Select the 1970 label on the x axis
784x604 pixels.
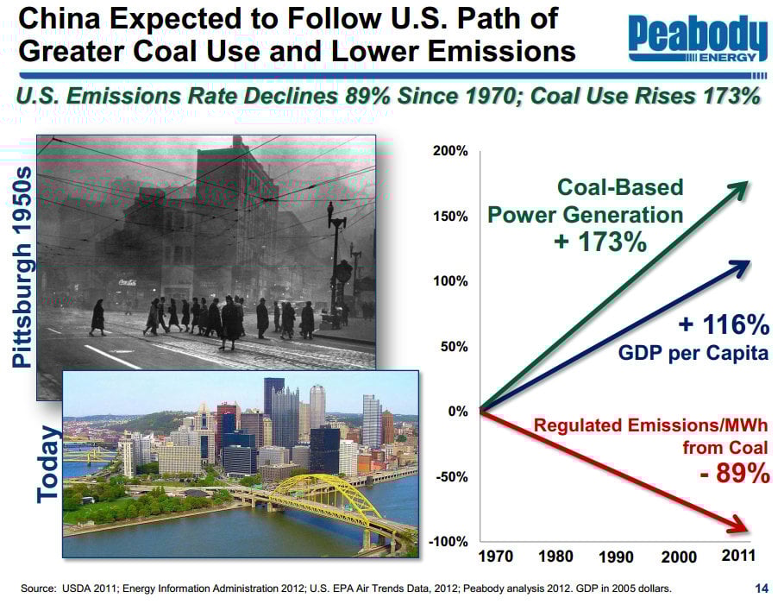pyautogui.click(x=495, y=557)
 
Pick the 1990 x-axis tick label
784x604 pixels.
pyautogui.click(x=617, y=557)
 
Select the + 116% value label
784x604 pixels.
pyautogui.click(x=724, y=325)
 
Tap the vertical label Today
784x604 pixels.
pyautogui.click(x=48, y=463)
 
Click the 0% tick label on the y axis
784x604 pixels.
pyautogui.click(x=456, y=412)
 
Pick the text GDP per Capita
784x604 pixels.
pyautogui.click(x=693, y=354)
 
